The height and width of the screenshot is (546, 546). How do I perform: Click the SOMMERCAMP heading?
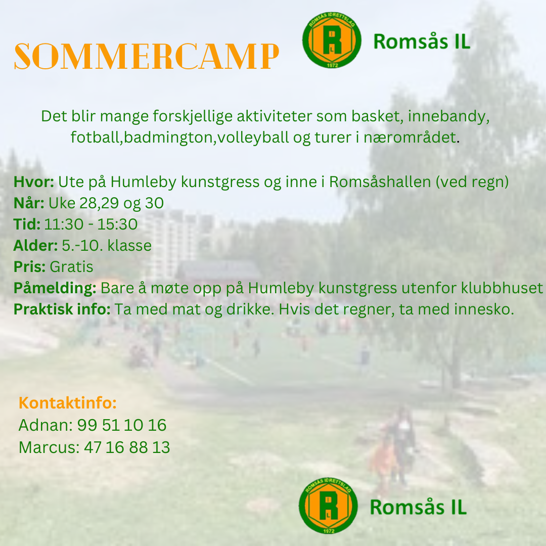146,57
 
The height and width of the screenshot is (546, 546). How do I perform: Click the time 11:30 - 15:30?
91,224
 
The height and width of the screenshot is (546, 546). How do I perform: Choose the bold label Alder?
35,246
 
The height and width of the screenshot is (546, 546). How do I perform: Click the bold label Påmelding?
55,288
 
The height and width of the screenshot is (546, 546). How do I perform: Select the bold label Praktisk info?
62,309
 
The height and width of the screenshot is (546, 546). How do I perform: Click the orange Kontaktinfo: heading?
68,403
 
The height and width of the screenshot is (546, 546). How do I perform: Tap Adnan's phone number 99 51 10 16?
122,425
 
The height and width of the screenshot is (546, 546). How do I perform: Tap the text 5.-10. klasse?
107,246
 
